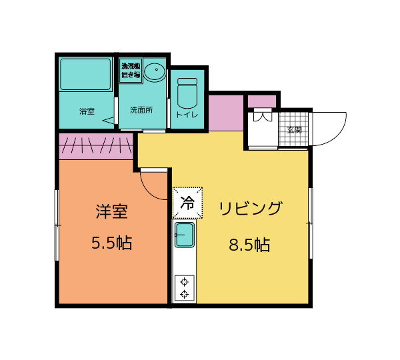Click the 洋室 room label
pos(111,213)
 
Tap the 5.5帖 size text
pos(111,243)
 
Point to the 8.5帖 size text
pos(249,245)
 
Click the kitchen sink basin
pos(184,237)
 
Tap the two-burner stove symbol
pos(184,287)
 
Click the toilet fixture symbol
pos(187,93)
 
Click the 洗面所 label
pos(141,110)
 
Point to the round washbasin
pos(154,71)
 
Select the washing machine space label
pos(129,71)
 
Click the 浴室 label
pos(87,111)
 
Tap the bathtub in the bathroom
pos(86,75)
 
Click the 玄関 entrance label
pos(294,130)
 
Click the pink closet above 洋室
pos(97,146)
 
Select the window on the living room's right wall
pos(311,223)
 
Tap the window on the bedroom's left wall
pos(57,227)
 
